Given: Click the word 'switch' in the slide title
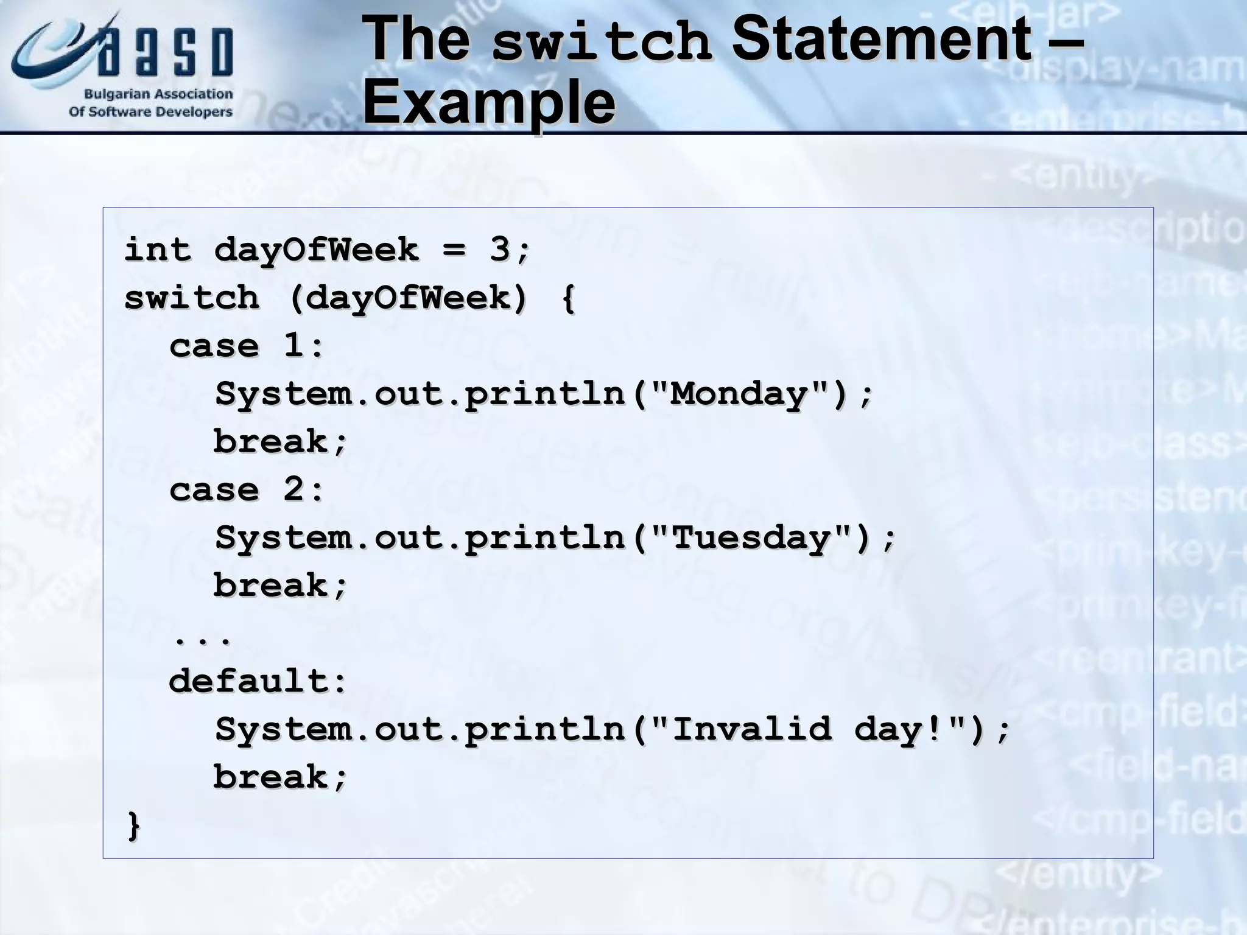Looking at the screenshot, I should pos(601,41).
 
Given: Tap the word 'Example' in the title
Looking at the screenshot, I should pos(489,102).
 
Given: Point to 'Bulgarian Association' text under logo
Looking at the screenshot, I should pos(158,94).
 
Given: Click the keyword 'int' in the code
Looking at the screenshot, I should pos(158,250).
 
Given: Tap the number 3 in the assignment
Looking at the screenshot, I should pos(499,249).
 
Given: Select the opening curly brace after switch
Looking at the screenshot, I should pos(567,298).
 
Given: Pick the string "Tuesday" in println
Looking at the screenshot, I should pos(751,538).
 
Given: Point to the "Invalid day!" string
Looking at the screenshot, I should pos(819,729).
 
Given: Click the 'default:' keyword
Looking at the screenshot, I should pos(258,681).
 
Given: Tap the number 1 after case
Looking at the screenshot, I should pos(293,345).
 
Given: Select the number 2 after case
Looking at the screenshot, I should pos(293,489).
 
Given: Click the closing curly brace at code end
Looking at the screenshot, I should pos(133,825).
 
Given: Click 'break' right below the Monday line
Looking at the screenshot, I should pos(271,442).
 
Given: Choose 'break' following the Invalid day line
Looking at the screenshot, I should pos(271,777).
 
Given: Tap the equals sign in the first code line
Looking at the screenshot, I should pos(454,250).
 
